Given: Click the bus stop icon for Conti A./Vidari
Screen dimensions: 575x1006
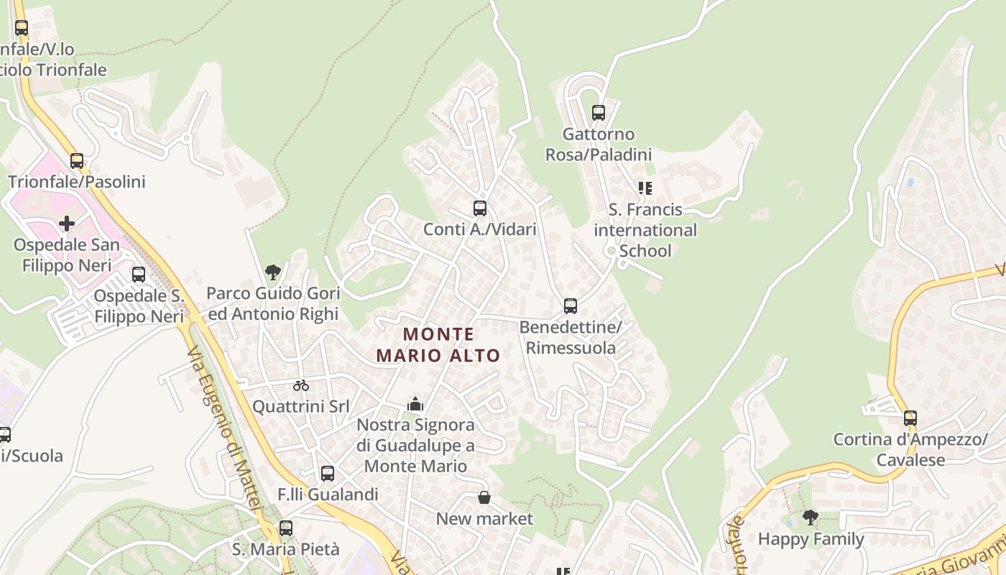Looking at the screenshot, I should click(480, 208).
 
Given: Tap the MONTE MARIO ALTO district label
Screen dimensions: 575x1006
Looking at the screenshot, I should click(438, 344).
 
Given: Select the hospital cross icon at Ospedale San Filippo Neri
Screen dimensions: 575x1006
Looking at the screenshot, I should click(67, 224).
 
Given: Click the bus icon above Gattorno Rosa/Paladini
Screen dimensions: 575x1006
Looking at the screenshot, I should click(599, 113).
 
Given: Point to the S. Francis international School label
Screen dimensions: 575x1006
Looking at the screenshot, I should click(645, 230).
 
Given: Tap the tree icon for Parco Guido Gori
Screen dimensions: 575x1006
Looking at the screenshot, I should click(272, 272).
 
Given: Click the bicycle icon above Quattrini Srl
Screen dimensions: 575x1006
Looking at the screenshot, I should click(301, 385).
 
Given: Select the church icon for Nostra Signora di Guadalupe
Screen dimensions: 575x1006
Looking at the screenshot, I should click(415, 405).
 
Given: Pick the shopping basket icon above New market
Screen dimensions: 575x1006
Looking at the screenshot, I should click(485, 497).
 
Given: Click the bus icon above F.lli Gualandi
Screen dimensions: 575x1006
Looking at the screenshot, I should click(328, 474).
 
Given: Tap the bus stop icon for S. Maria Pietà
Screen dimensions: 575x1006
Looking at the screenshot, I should click(286, 528).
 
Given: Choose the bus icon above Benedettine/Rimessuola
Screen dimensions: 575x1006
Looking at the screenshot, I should click(571, 306).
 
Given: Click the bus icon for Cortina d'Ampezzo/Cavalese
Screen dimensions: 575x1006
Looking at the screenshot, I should click(910, 418).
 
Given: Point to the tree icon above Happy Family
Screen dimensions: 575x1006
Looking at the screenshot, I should click(811, 517).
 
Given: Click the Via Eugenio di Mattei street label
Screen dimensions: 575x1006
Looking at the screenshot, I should click(223, 431).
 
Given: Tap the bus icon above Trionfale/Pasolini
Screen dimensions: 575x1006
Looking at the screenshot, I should click(77, 161).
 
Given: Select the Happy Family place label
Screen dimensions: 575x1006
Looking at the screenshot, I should click(811, 538).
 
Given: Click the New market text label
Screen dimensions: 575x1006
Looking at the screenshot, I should click(485, 518).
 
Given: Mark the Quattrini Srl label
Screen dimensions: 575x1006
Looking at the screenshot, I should click(301, 406).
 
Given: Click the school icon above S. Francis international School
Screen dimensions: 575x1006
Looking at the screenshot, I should click(645, 188).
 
